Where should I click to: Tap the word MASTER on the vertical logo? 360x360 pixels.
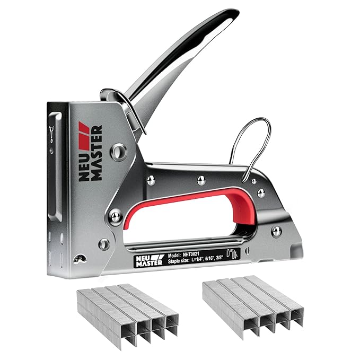pyautogui.click(x=96, y=154)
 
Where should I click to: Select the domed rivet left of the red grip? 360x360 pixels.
pyautogui.click(x=115, y=216)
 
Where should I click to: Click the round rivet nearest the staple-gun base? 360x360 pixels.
pyautogui.click(x=104, y=244)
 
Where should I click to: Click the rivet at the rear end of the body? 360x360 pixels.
pyautogui.click(x=276, y=231)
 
